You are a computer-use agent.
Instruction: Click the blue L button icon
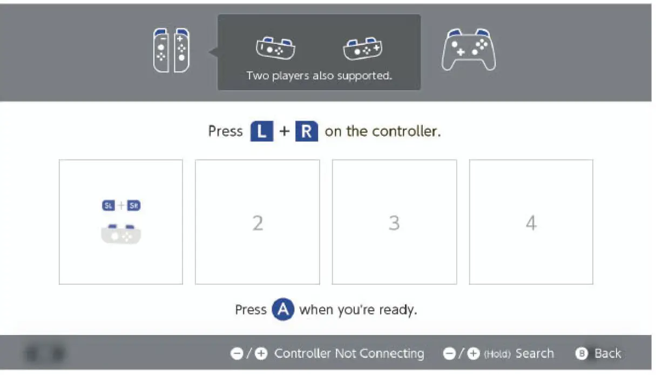pyautogui.click(x=262, y=131)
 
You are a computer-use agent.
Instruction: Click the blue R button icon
pyautogui.click(x=306, y=131)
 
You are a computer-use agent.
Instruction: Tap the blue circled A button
pyautogui.click(x=283, y=310)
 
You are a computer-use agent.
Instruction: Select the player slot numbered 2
pyautogui.click(x=258, y=222)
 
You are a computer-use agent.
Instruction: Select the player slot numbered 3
pyautogui.click(x=394, y=222)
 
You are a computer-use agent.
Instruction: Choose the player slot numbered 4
pyautogui.click(x=531, y=222)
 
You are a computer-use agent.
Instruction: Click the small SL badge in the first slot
pyautogui.click(x=109, y=205)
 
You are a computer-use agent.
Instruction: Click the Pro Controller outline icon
pyautogui.click(x=469, y=50)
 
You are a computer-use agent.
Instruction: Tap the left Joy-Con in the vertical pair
pyautogui.click(x=161, y=50)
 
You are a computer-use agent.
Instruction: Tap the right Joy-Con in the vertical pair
pyautogui.click(x=182, y=50)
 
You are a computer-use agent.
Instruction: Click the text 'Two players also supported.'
pyautogui.click(x=319, y=76)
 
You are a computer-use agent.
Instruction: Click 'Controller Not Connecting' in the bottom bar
pyautogui.click(x=349, y=353)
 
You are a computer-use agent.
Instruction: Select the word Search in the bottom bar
pyautogui.click(x=535, y=353)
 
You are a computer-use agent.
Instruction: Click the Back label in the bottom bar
pyautogui.click(x=607, y=353)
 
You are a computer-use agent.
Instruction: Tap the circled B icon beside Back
pyautogui.click(x=581, y=354)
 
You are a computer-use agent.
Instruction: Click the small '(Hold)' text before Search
pyautogui.click(x=497, y=354)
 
